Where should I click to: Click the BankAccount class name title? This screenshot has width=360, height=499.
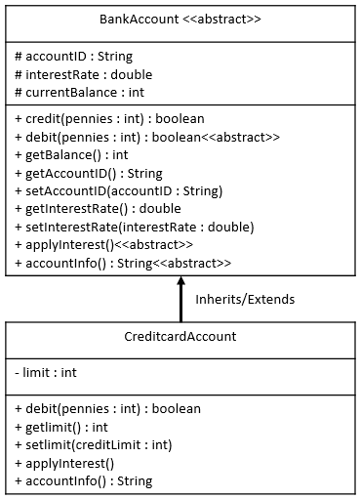(x=180, y=20)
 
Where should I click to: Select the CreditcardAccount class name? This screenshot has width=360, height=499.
(x=180, y=337)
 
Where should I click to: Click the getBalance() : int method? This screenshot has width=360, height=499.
(x=72, y=154)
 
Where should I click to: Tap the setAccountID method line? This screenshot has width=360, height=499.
(x=119, y=190)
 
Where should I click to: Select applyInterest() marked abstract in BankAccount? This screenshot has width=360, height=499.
(x=104, y=245)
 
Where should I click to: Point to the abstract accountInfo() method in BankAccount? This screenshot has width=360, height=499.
(x=123, y=264)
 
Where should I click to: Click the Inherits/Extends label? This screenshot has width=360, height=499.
(x=245, y=299)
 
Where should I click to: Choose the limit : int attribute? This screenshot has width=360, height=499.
(x=46, y=373)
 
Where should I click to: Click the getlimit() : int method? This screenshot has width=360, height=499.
(x=61, y=427)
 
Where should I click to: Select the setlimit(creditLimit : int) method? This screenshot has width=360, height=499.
(x=94, y=445)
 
